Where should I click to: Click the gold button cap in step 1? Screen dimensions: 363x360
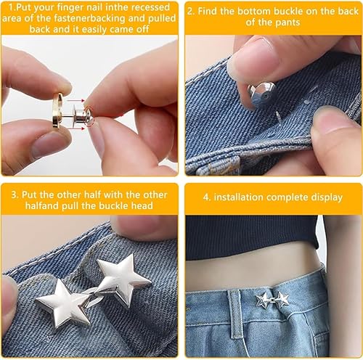[57, 111]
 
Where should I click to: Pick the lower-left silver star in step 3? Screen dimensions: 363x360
[63, 303]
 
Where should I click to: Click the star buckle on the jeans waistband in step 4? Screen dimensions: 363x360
[272, 300]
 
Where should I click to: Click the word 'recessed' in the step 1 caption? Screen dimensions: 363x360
[150, 7]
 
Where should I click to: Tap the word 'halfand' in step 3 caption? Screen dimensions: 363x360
[42, 205]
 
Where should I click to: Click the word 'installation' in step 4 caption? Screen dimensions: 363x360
[239, 197]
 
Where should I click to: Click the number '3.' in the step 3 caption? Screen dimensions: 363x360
[15, 195]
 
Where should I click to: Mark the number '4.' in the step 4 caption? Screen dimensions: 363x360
[207, 197]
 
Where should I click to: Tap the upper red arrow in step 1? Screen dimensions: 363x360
[76, 100]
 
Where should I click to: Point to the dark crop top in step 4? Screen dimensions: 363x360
[252, 237]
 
